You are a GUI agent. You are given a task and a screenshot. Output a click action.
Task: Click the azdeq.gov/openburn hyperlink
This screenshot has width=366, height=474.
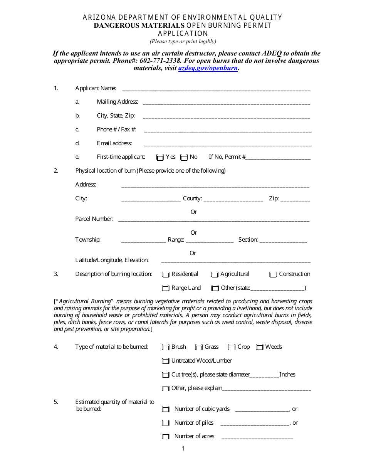(x=208, y=68)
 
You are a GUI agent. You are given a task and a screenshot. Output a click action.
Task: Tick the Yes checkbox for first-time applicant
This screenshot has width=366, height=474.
(x=160, y=157)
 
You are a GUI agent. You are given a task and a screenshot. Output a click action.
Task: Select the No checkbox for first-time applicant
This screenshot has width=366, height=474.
(x=184, y=157)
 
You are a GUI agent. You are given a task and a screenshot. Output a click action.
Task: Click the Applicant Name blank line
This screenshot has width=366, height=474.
(x=216, y=89)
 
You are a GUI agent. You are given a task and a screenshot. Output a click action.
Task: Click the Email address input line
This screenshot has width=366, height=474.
(x=227, y=145)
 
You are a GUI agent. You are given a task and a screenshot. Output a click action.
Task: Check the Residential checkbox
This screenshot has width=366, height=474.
(x=166, y=274)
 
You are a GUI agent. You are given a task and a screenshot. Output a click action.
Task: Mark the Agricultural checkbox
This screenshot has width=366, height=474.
(x=215, y=274)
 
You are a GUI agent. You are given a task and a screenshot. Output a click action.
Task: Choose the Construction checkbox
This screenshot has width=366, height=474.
(x=273, y=274)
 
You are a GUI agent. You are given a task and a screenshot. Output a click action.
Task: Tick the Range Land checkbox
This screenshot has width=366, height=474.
(x=166, y=288)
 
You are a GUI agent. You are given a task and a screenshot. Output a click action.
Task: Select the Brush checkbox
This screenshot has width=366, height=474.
(x=166, y=347)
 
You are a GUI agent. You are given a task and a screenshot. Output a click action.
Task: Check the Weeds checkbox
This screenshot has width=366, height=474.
(x=260, y=347)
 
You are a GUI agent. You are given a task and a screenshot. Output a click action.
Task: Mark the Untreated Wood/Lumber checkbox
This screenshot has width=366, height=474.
(x=166, y=361)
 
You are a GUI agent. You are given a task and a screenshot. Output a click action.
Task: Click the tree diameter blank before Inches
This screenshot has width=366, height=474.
(x=264, y=376)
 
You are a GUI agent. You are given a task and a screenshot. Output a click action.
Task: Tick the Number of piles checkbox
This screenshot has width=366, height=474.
(x=166, y=423)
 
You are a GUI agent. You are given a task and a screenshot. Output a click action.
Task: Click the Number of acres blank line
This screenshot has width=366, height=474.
(x=257, y=438)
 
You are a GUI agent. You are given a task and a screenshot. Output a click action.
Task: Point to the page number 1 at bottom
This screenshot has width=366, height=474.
(x=183, y=449)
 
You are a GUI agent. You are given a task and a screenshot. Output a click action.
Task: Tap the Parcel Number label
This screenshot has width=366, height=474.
(x=94, y=219)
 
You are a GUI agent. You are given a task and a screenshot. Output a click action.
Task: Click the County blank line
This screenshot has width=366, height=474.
(x=233, y=200)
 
